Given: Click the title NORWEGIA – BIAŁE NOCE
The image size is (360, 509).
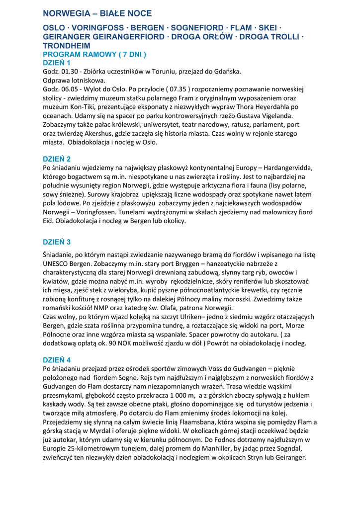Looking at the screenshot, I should [x=97, y=13].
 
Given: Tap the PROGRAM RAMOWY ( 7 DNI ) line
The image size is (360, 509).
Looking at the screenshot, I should [x=94, y=54].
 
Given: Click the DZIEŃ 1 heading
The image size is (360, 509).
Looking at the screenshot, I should [x=57, y=63].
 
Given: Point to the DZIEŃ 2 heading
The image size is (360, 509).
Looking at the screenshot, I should [x=57, y=159].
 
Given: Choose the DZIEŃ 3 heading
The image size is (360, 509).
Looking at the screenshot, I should [x=57, y=242].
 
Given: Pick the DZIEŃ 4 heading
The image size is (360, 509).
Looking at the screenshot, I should [x=57, y=359].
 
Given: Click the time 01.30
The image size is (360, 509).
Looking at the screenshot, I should [x=71, y=71].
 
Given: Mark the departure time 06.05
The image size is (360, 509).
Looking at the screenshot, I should [x=71, y=89].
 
